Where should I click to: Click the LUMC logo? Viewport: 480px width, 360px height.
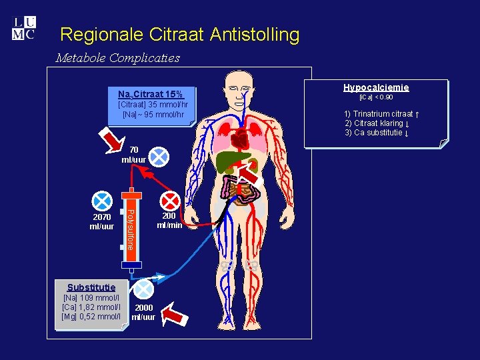pyautogui.click(x=24, y=28)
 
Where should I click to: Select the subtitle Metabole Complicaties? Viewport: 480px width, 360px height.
pyautogui.click(x=117, y=58)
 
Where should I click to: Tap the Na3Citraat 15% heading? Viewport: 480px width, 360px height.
pyautogui.click(x=151, y=94)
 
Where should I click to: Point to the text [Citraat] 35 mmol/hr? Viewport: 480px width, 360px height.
pyautogui.click(x=153, y=105)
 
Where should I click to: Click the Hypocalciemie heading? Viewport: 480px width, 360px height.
pyautogui.click(x=376, y=87)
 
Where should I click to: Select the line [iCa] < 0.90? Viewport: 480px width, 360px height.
pyautogui.click(x=376, y=97)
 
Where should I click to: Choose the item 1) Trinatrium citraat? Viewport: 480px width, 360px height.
pyautogui.click(x=381, y=114)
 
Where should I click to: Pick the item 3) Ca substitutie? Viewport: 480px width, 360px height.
pyautogui.click(x=377, y=132)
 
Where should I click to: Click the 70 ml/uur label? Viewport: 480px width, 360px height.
pyautogui.click(x=133, y=155)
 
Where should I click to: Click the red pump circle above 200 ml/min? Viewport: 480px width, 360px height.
pyautogui.click(x=170, y=200)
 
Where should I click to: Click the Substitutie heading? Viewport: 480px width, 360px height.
pyautogui.click(x=91, y=287)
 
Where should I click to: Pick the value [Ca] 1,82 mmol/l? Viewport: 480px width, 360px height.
pyautogui.click(x=91, y=307)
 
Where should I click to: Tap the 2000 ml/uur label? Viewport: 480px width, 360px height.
pyautogui.click(x=143, y=312)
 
